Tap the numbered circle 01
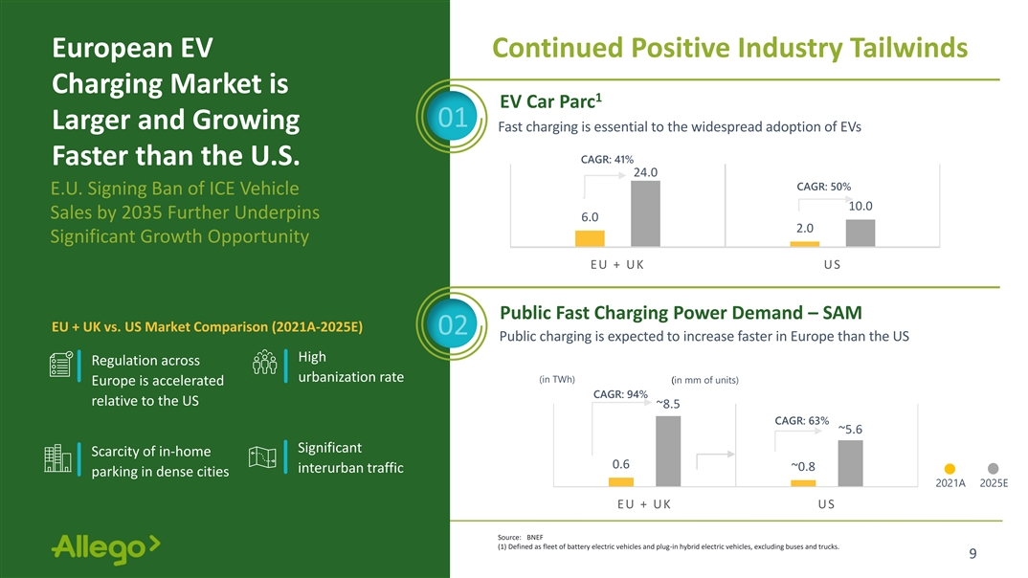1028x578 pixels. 453,118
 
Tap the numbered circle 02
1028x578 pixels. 453,325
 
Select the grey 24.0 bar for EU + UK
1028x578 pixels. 645,213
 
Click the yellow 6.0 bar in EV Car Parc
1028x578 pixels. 590,238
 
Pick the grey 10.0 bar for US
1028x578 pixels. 860,233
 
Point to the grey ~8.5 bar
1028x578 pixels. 668,452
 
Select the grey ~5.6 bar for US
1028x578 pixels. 850,463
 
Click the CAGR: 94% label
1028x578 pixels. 620,394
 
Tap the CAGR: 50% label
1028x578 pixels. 823,187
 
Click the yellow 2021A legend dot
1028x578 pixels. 950,469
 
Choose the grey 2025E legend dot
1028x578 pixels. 994,469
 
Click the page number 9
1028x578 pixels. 972,554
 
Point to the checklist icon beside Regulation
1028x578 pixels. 61,365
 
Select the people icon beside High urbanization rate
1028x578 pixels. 265,363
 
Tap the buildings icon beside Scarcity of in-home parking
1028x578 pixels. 57,458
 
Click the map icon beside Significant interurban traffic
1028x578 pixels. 262,457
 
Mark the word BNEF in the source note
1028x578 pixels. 535,538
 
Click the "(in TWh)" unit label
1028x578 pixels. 557,380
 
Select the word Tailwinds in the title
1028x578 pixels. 908,48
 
